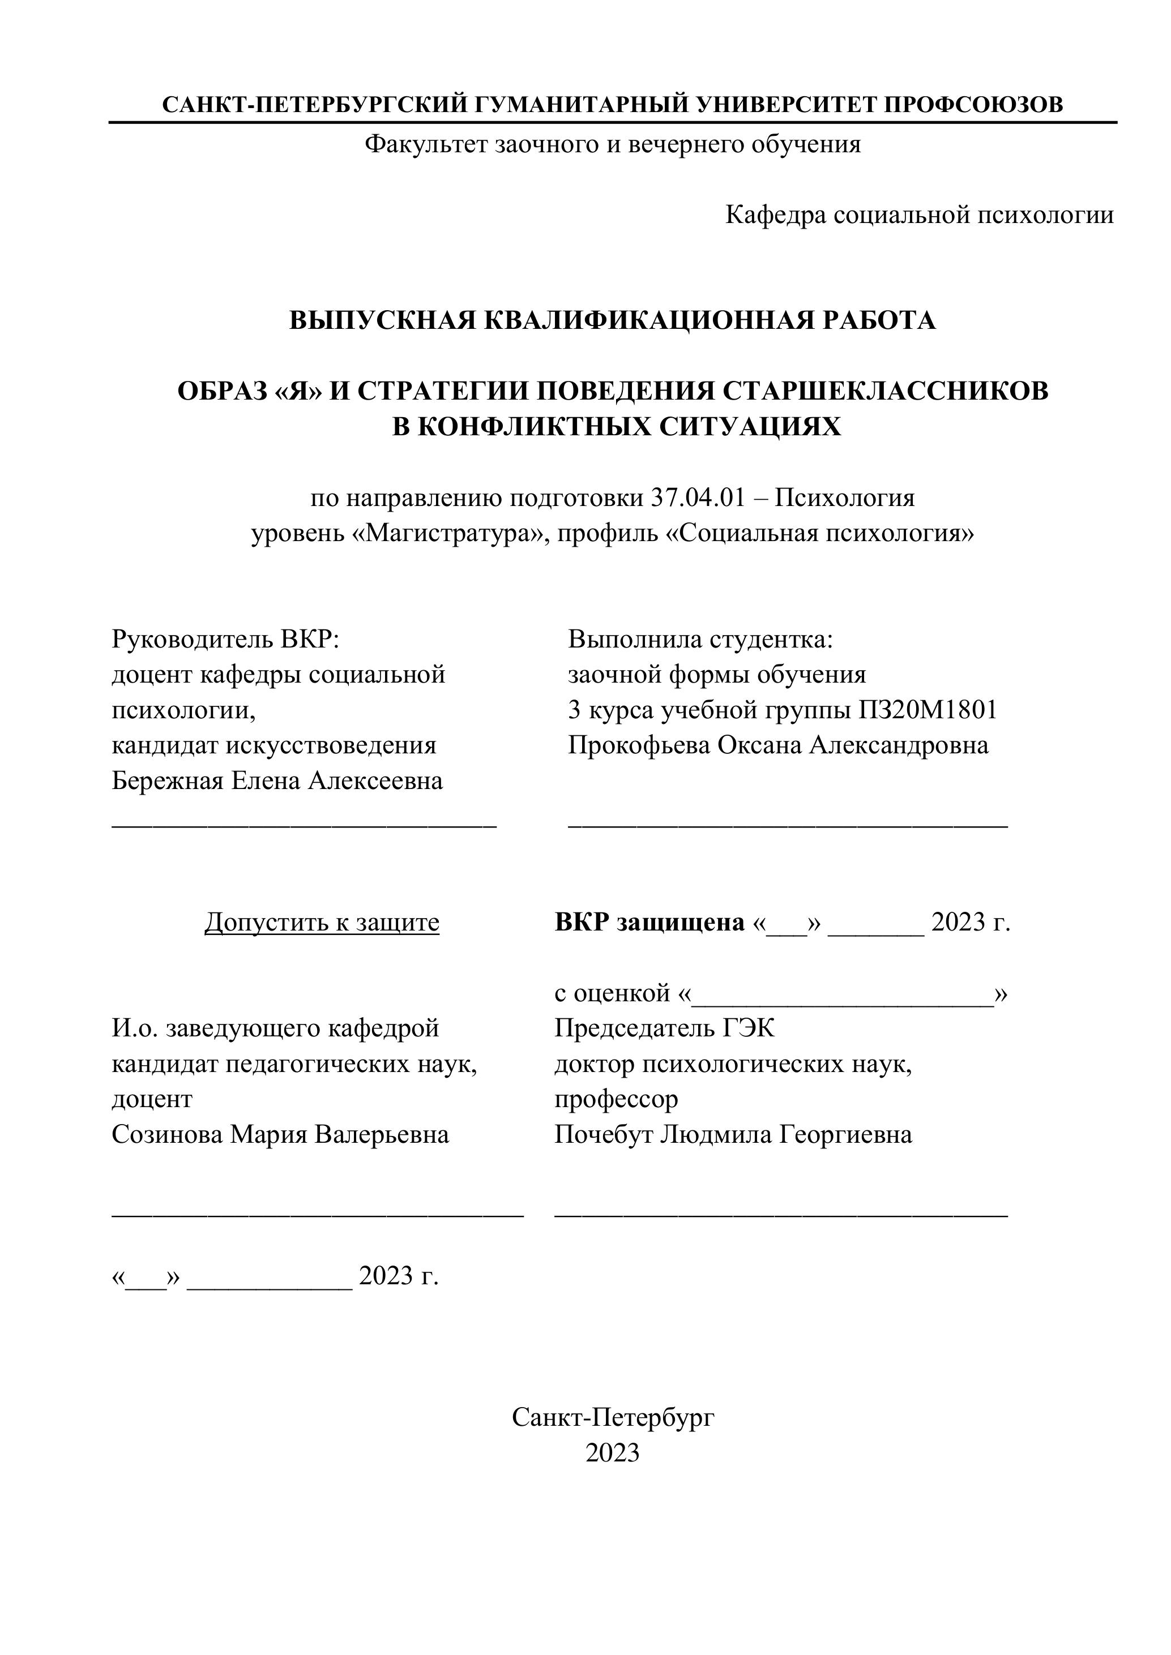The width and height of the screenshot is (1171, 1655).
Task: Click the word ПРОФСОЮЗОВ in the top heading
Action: coord(973,105)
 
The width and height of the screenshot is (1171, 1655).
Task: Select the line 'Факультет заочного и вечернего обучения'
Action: coord(612,145)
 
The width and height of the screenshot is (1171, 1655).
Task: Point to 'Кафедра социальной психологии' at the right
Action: coord(920,215)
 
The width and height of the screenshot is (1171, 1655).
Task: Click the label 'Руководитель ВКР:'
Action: coord(225,638)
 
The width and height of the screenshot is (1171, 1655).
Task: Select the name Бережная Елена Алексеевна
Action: coord(277,781)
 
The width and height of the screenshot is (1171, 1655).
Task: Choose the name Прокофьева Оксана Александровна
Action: coord(778,745)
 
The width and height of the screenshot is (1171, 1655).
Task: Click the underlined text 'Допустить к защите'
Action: coord(322,922)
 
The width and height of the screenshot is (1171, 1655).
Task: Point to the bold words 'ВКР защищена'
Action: coord(649,922)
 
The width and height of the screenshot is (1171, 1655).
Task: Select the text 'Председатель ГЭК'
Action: coord(664,1028)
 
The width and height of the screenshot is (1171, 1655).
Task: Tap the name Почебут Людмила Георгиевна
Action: coord(733,1135)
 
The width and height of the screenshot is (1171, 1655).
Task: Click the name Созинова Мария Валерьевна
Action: coord(280,1135)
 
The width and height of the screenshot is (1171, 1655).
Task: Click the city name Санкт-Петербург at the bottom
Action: coord(612,1418)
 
